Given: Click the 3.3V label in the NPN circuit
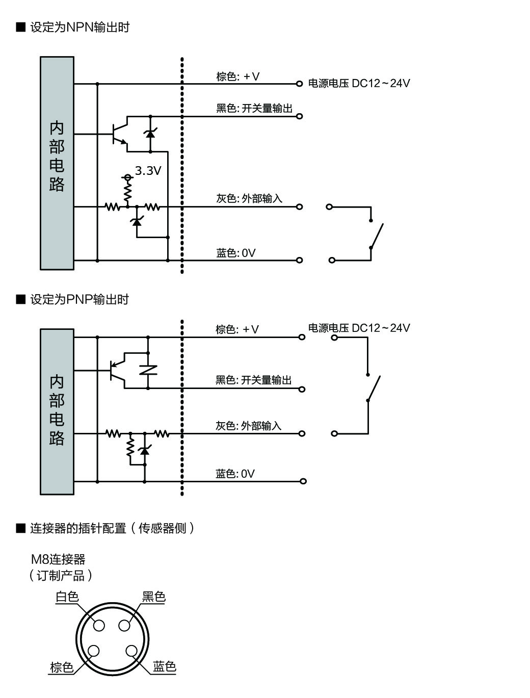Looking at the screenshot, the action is pyautogui.click(x=148, y=171).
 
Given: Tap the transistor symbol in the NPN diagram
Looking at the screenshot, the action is pyautogui.click(x=120, y=134).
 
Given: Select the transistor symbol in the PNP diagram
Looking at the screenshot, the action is pyautogui.click(x=118, y=371).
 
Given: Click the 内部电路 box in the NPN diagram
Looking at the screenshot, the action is pyautogui.click(x=57, y=163).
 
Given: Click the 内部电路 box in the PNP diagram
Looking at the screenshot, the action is pyautogui.click(x=57, y=411).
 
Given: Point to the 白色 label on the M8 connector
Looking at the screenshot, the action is pyautogui.click(x=67, y=597).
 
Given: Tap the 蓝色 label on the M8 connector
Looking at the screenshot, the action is pyautogui.click(x=164, y=666).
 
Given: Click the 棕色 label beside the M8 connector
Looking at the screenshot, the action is pyautogui.click(x=62, y=667).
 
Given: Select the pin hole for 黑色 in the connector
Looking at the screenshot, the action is pyautogui.click(x=124, y=626).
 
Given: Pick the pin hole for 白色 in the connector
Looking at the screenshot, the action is pyautogui.click(x=99, y=626).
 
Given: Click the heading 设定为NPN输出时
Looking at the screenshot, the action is pyautogui.click(x=79, y=28).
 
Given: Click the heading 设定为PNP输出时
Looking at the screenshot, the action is pyautogui.click(x=79, y=299).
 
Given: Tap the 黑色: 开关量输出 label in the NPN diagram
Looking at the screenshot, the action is pyautogui.click(x=254, y=109).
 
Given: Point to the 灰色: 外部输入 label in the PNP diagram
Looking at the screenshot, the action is pyautogui.click(x=249, y=425).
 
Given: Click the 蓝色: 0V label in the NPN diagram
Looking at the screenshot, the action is pyautogui.click(x=236, y=253).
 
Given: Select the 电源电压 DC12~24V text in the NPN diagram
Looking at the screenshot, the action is pyautogui.click(x=359, y=83).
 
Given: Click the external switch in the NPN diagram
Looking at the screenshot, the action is pyautogui.click(x=377, y=234).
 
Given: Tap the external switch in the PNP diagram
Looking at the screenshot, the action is pyautogui.click(x=374, y=387).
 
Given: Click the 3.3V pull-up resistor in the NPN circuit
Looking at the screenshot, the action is pyautogui.click(x=128, y=192).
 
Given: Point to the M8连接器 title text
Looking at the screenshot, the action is pyautogui.click(x=58, y=559).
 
